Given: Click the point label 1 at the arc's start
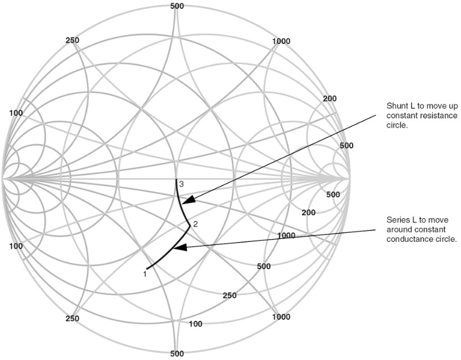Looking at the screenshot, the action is click(x=145, y=274).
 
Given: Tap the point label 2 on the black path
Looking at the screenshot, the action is click(x=195, y=224).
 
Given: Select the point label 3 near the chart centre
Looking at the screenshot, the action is click(x=181, y=184).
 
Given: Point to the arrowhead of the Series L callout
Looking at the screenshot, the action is click(x=179, y=248).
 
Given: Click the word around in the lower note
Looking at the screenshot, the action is click(x=397, y=229).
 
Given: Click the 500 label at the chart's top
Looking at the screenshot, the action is click(x=177, y=6).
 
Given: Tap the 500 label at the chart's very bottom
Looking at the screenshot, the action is click(x=177, y=353).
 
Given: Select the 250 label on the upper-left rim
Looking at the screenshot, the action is click(x=72, y=40).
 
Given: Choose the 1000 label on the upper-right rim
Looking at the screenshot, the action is click(x=281, y=41).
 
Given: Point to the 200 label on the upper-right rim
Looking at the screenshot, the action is click(x=330, y=99).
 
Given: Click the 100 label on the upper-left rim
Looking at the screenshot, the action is click(x=16, y=113).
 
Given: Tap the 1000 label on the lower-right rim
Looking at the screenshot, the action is click(x=281, y=316).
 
